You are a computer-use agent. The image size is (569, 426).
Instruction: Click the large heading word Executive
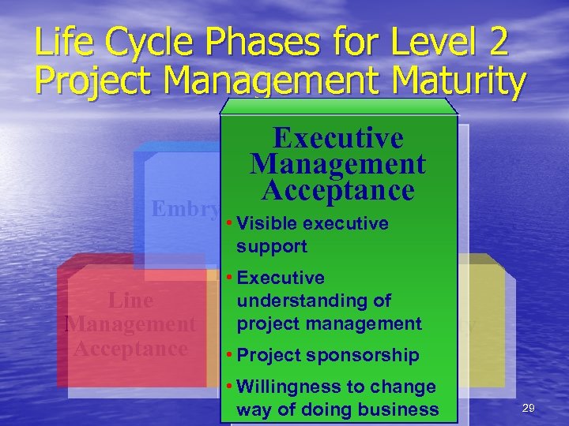[x=337, y=138]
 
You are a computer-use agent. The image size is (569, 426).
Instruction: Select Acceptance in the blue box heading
[x=337, y=190]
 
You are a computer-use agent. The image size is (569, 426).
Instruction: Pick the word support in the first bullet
[x=271, y=245]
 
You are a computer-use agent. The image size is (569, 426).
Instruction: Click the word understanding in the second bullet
[x=314, y=301]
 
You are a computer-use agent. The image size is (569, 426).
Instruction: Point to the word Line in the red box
[x=130, y=301]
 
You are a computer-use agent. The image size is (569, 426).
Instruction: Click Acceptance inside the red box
[x=130, y=348]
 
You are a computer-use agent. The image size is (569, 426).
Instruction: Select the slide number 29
[x=529, y=407]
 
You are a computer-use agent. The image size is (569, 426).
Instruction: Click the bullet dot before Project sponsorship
[x=228, y=355]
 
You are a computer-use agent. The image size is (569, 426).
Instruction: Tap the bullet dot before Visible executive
[x=228, y=223]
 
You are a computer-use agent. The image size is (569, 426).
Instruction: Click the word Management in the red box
[x=130, y=324]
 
